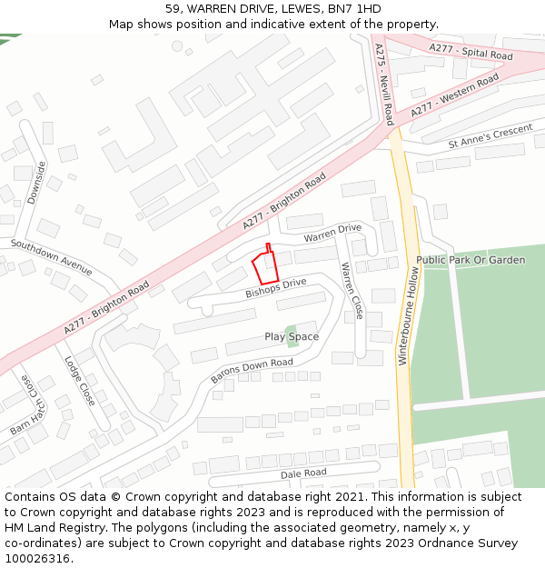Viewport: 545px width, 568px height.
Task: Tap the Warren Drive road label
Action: [332, 234]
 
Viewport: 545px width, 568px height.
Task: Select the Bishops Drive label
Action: [276, 289]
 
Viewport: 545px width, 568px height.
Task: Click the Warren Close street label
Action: [352, 291]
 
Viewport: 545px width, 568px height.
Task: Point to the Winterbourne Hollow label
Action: [409, 322]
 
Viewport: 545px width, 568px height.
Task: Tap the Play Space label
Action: [292, 336]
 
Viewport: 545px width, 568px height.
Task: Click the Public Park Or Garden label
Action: [471, 260]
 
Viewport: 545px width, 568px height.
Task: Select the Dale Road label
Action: [303, 473]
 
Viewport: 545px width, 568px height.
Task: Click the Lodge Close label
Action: [80, 380]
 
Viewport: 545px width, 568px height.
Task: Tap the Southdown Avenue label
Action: [52, 257]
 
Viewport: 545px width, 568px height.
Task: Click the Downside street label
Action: [36, 182]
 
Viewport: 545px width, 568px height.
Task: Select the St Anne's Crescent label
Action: [490, 137]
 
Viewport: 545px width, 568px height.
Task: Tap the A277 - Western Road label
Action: [454, 95]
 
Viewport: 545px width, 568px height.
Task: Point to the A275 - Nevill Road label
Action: [384, 85]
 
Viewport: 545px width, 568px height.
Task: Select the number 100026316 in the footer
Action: [39, 558]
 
